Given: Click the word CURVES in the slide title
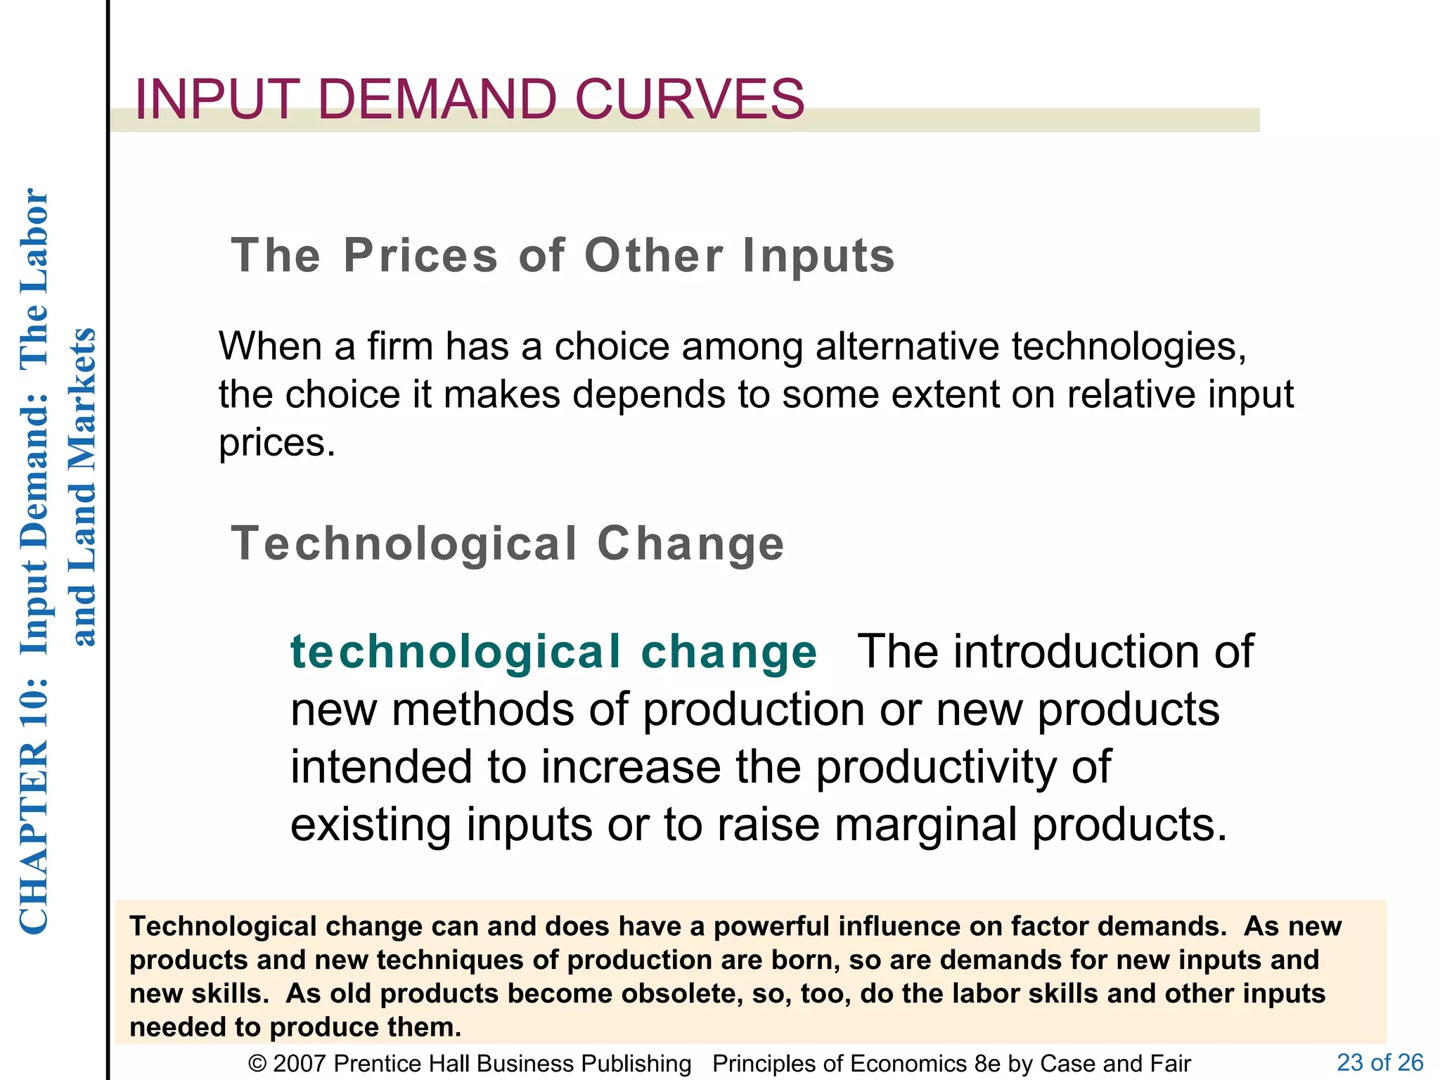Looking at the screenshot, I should point(689,99).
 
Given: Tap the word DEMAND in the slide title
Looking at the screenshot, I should point(437,99).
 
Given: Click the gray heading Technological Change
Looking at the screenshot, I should point(507,544).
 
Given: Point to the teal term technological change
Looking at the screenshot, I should point(553,652).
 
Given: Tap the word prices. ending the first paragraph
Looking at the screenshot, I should point(277,443).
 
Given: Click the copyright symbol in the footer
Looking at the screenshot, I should point(257,1064).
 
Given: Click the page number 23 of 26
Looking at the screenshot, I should point(1380,1062).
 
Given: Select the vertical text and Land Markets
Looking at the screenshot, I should point(83,487).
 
